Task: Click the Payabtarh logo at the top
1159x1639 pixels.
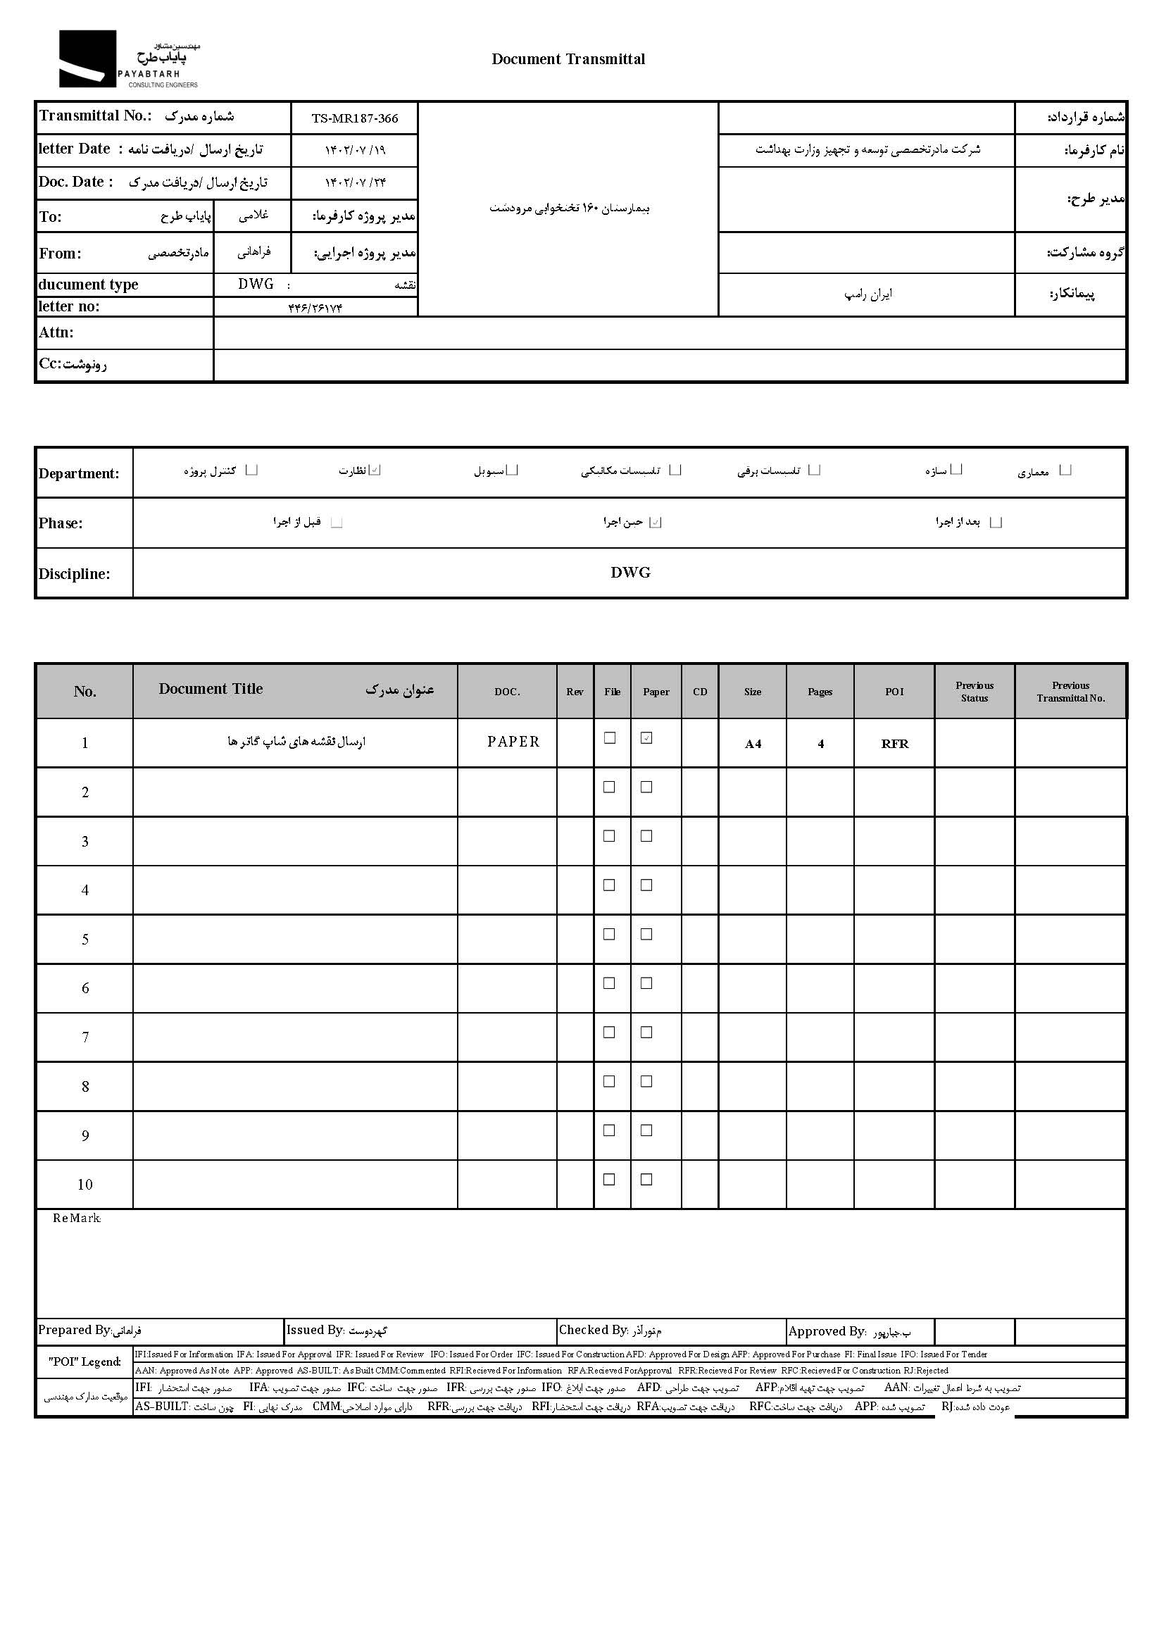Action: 128,59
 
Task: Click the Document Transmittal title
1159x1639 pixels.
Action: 568,59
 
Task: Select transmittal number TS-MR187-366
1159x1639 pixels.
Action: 355,118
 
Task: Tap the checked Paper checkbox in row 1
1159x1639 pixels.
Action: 646,738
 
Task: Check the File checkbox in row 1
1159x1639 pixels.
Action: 610,738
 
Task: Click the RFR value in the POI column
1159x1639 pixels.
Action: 894,744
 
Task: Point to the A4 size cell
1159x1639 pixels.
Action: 753,744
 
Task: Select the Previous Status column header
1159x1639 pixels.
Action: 974,691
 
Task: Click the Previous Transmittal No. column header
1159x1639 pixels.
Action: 1070,691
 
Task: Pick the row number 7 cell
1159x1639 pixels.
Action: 85,1037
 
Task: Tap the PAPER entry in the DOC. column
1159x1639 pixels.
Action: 513,742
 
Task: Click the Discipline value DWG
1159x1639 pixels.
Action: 630,573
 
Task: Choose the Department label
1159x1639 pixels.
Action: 78,473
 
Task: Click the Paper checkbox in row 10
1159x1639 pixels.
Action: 646,1180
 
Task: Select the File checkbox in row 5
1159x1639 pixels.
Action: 610,935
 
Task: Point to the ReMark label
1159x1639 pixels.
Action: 76,1219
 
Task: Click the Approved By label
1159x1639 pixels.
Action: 827,1331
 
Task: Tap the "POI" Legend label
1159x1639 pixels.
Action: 84,1362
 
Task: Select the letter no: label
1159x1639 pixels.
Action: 69,306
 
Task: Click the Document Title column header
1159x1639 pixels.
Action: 211,689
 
